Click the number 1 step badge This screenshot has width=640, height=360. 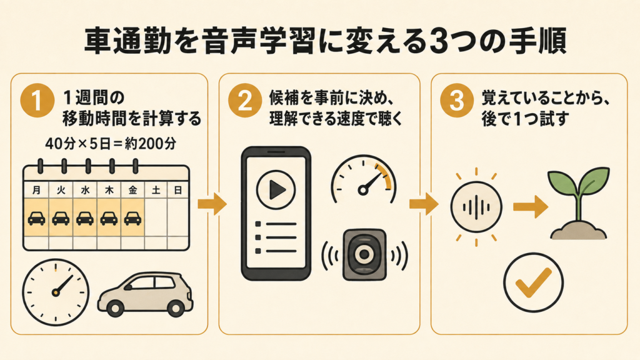pyautogui.click(x=37, y=101)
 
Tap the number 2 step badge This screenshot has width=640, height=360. pyautogui.click(x=245, y=101)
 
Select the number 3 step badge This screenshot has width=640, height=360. pyautogui.click(x=457, y=101)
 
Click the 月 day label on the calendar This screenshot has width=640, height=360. pyautogui.click(x=36, y=190)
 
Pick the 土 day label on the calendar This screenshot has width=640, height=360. pyautogui.click(x=156, y=190)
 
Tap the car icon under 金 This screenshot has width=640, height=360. pyautogui.click(x=132, y=218)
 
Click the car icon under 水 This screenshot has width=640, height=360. pyautogui.click(x=85, y=218)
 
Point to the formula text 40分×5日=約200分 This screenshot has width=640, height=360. pyautogui.click(x=111, y=144)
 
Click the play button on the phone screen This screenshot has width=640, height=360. pyautogui.click(x=276, y=190)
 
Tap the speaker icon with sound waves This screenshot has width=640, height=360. pyautogui.click(x=364, y=255)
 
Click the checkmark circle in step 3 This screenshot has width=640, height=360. pyautogui.click(x=533, y=282)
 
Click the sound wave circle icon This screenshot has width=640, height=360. pyautogui.click(x=476, y=207)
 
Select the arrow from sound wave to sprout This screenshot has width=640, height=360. pyautogui.click(x=530, y=207)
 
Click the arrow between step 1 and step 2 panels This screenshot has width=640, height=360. pyautogui.click(x=212, y=204)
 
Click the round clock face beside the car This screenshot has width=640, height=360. pyautogui.click(x=56, y=292)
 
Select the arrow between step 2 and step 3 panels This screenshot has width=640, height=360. pyautogui.click(x=424, y=204)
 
